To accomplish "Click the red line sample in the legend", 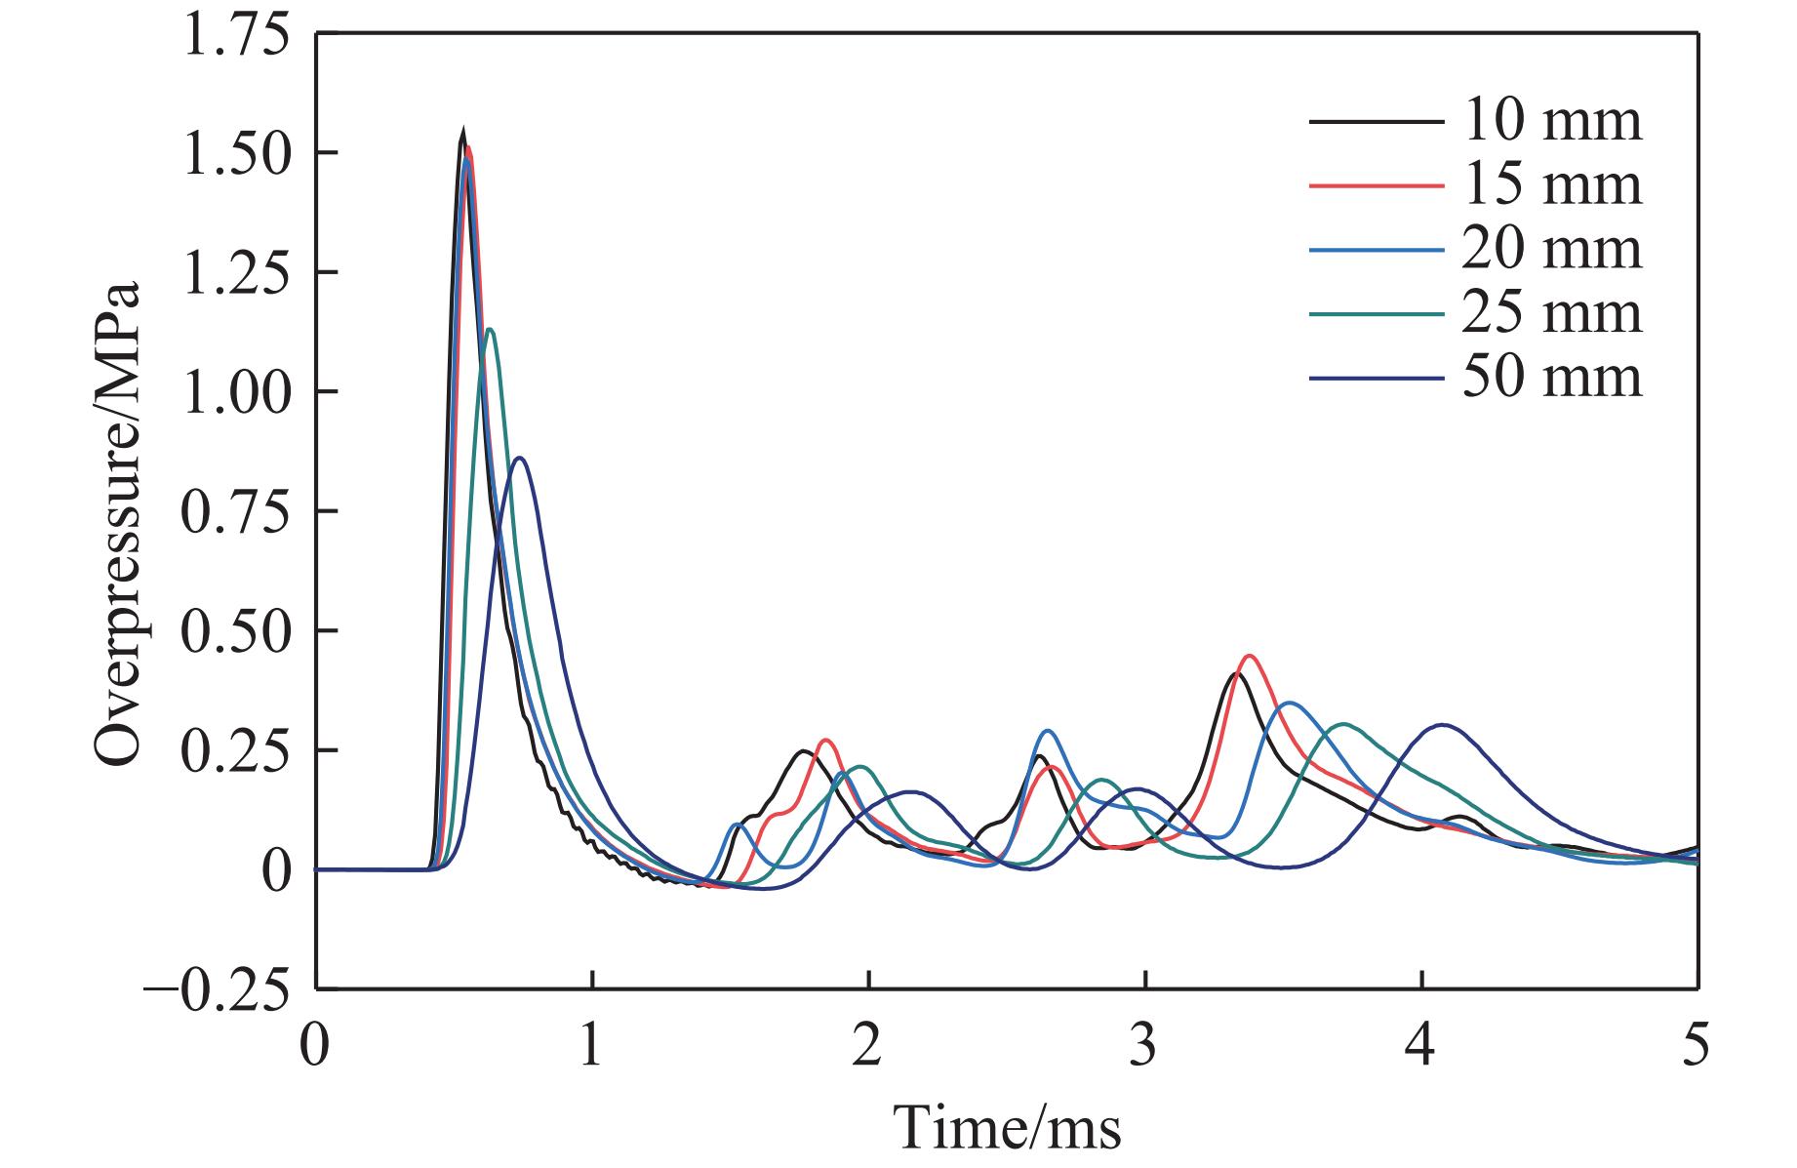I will (x=1376, y=185).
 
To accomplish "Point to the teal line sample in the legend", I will (x=1376, y=313).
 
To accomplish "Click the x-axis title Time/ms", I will (x=1008, y=1128).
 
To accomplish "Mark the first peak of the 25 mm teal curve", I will (x=490, y=330).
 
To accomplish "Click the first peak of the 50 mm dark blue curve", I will (x=521, y=458).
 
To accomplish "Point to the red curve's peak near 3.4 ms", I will (x=1248, y=656).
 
